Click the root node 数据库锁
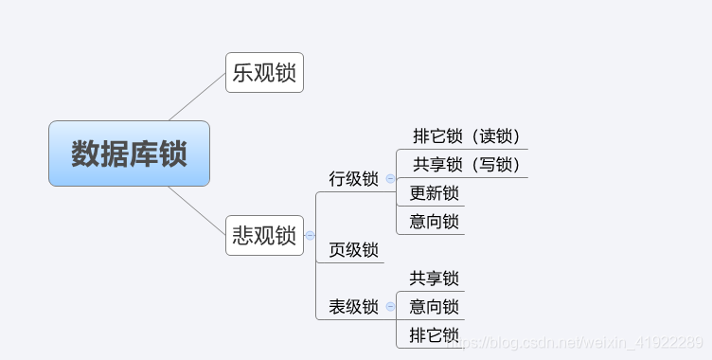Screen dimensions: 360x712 point(129,153)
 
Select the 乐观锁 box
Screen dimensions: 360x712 point(264,73)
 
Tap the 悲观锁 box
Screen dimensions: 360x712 point(264,235)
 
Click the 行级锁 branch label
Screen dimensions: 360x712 point(353,178)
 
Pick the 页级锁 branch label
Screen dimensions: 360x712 point(353,250)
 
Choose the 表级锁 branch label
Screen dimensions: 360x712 point(353,307)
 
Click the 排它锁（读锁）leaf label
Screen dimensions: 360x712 point(467,136)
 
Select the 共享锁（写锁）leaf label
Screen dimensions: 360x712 point(467,165)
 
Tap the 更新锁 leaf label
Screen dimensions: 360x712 point(434,193)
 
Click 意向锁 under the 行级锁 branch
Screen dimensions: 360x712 point(434,222)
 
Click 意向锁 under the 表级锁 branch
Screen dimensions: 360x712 point(434,307)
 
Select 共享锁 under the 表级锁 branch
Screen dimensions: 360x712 point(434,279)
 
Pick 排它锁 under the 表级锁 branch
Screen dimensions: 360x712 point(434,335)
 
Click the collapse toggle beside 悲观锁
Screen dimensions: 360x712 point(310,235)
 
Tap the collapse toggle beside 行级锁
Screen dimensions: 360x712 point(390,178)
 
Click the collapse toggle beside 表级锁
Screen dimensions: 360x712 point(390,307)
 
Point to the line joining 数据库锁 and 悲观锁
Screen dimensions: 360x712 point(197,209)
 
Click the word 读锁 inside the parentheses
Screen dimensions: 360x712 point(498,136)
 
